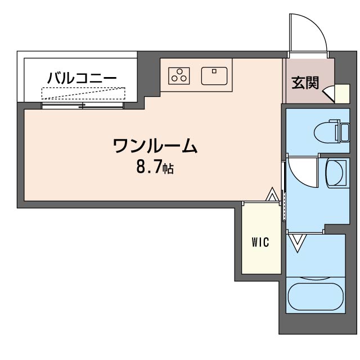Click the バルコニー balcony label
click(x=82, y=78)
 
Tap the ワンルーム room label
click(x=155, y=146)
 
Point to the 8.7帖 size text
click(x=155, y=167)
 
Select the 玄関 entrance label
click(x=305, y=83)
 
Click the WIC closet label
click(x=260, y=242)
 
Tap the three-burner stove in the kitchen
click(x=179, y=76)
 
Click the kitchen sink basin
click(x=214, y=76)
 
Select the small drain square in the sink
click(x=214, y=71)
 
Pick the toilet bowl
click(x=326, y=133)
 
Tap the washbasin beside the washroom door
click(x=336, y=173)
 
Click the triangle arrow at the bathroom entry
click(x=298, y=243)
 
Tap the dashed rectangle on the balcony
click(x=83, y=93)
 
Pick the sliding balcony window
click(x=83, y=106)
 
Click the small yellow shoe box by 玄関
click(x=342, y=94)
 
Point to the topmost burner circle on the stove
click(x=179, y=71)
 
